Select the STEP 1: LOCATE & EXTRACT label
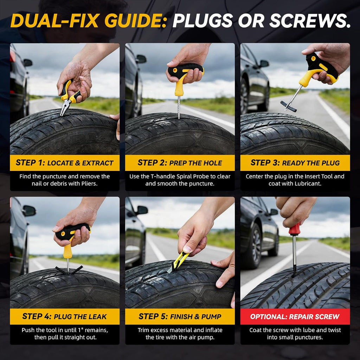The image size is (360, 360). coord(65,163)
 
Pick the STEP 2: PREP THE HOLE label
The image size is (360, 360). coord(180,163)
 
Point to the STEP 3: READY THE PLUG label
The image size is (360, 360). coord(295,163)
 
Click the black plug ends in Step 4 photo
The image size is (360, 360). coord(69,270)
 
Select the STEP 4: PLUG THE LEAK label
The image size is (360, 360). coord(65,317)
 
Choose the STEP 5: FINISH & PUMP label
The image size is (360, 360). coord(180,317)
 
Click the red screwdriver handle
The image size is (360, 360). coord(294,229)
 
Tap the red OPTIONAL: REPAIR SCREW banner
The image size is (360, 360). coord(295,317)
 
